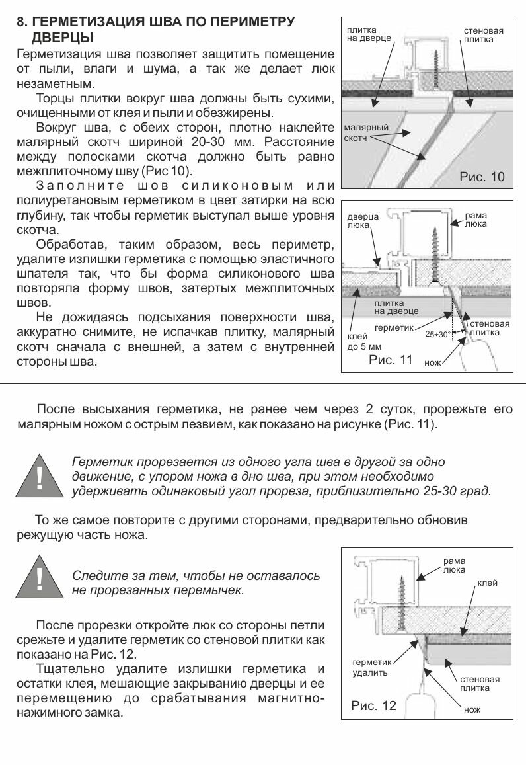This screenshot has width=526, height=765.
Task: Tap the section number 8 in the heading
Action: click(20, 22)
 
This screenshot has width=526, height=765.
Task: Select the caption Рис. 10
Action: click(481, 177)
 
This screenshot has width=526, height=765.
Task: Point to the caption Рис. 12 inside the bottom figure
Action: click(373, 705)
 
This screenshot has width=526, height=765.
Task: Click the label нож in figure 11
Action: click(432, 364)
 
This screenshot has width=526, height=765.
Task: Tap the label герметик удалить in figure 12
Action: click(370, 667)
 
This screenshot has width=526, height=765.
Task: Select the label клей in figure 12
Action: click(488, 583)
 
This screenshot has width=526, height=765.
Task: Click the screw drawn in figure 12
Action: click(401, 602)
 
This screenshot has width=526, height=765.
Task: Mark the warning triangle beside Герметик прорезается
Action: click(40, 475)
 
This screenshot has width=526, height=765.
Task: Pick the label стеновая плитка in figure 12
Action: click(480, 684)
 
